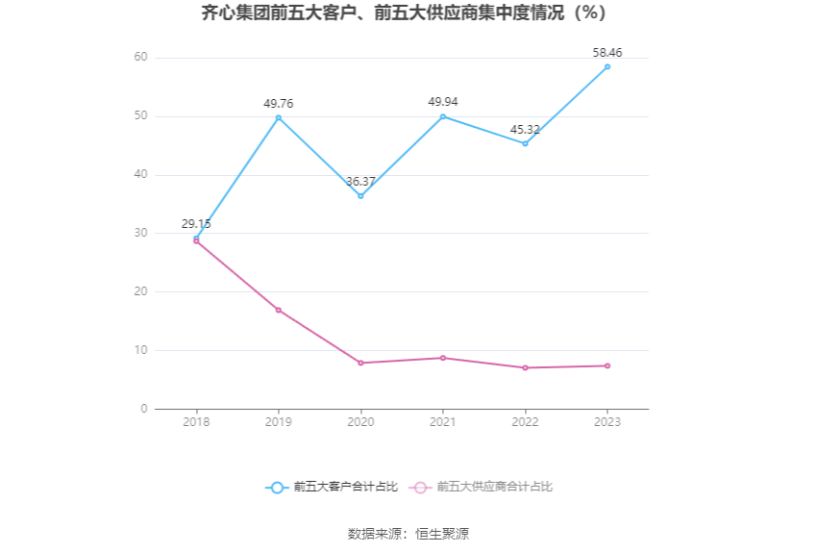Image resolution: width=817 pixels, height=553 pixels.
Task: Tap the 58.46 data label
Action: coord(607,53)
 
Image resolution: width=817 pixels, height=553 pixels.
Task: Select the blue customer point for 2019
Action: coord(279,117)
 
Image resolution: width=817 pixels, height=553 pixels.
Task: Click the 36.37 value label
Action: coord(360,182)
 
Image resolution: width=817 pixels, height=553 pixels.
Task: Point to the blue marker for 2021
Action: coord(443,116)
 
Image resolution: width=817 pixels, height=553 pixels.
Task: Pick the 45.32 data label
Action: coord(525,130)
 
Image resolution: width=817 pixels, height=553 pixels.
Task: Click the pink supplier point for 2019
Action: coord(279,310)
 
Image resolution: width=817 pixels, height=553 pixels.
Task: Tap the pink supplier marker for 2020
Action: coord(360,363)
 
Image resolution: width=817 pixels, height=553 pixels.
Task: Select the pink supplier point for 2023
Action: coord(607,365)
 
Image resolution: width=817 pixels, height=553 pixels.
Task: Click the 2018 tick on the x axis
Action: coord(196,422)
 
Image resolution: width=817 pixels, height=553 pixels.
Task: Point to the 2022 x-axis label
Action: coord(525,422)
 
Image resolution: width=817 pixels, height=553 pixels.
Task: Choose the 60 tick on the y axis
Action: coord(141,58)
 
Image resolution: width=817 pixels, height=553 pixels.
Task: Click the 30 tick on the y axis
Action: coord(141,233)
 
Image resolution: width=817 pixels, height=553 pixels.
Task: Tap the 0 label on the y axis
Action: coord(144,409)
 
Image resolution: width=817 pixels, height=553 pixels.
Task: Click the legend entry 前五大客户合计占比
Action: coord(333,488)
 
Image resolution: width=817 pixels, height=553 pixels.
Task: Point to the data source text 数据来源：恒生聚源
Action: coord(408,534)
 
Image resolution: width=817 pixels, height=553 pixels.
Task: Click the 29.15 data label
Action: coord(196,224)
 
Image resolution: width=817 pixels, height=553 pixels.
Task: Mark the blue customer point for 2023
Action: coord(607,66)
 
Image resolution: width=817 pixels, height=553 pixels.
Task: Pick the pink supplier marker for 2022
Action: coord(525,367)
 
